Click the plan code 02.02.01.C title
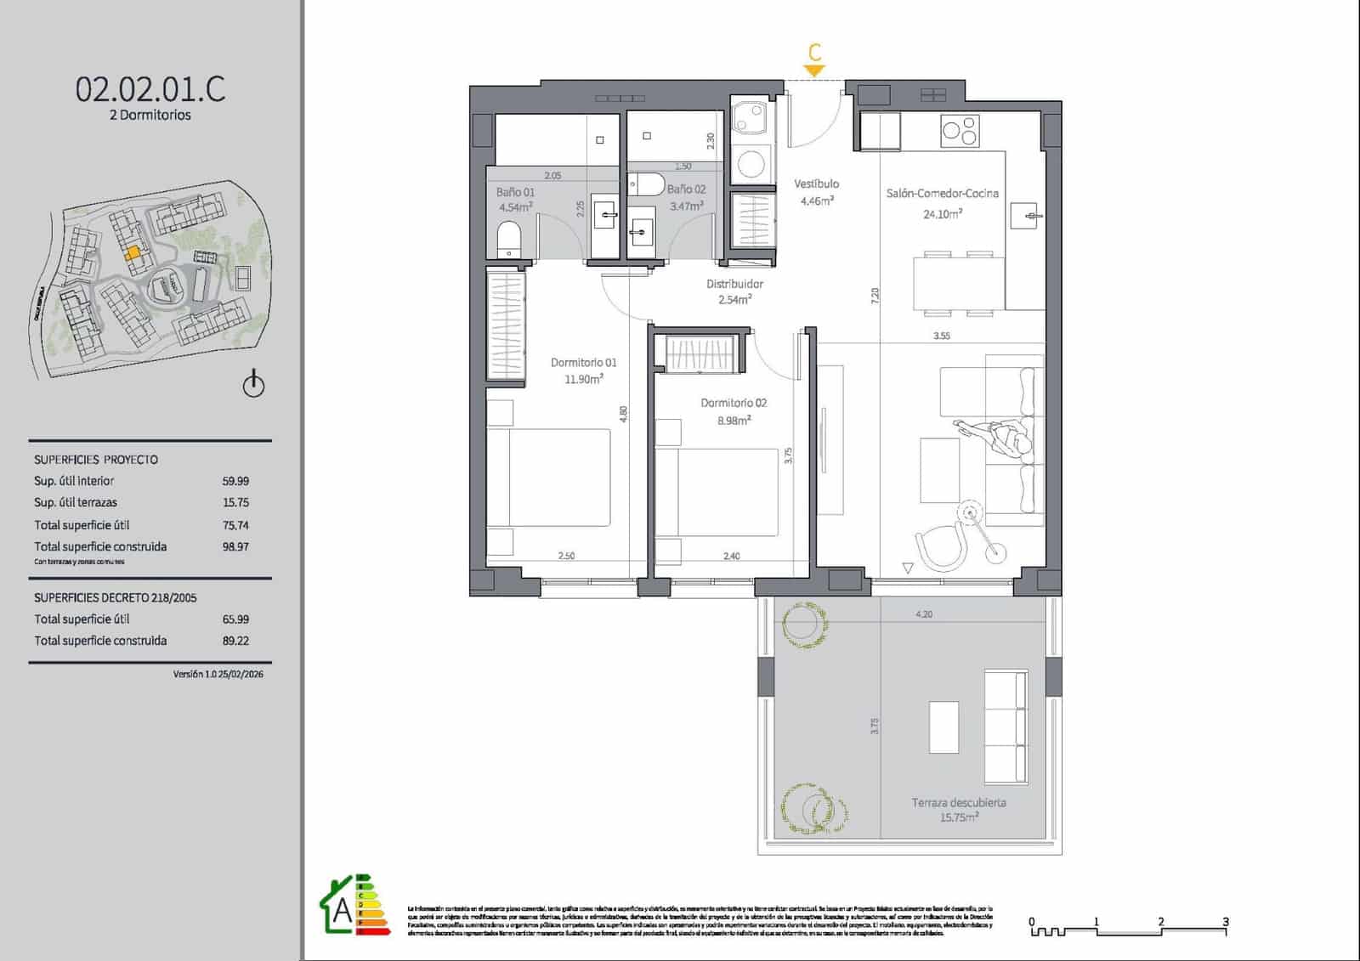(x=150, y=89)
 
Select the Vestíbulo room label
(x=816, y=184)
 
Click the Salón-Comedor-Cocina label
(x=942, y=194)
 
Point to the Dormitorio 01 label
(x=583, y=363)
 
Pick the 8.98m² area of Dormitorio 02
(x=733, y=421)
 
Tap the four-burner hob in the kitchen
(x=960, y=130)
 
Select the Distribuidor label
(x=734, y=284)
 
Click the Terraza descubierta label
(x=958, y=802)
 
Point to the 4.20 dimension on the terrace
(x=924, y=613)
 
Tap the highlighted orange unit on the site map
(x=133, y=253)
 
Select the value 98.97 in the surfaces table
(x=235, y=547)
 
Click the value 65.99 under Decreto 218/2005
(x=235, y=619)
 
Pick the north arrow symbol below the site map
(x=253, y=385)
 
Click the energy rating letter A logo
(x=343, y=910)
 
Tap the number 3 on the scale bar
(x=1225, y=921)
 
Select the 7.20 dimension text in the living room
(x=875, y=296)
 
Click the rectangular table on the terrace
(x=943, y=726)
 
